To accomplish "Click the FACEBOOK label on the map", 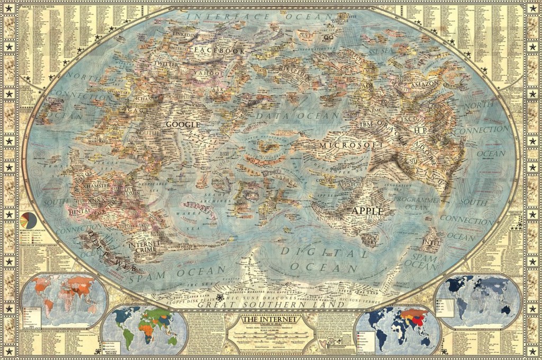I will pyautogui.click(x=219, y=50).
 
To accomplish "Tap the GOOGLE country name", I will pyautogui.click(x=183, y=124).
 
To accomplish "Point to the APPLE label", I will pyautogui.click(x=367, y=211).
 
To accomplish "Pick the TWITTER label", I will pyautogui.click(x=166, y=64).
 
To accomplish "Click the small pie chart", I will pyautogui.click(x=28, y=220).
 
